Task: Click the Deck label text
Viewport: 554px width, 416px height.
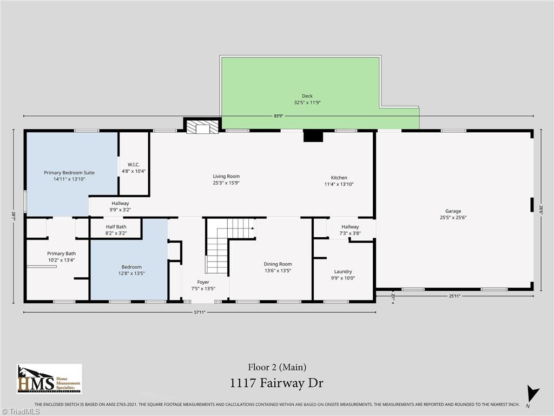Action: point(307,96)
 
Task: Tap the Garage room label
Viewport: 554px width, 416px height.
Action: point(453,211)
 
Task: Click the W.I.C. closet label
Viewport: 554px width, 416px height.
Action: point(134,165)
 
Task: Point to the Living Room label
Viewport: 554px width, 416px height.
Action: point(226,177)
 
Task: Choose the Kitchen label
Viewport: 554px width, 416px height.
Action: point(339,178)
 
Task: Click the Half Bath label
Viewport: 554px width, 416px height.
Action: point(116,227)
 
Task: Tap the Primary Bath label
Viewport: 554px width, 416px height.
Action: point(61,253)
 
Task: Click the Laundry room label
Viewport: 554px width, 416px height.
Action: point(343,271)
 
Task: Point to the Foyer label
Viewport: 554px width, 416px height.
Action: point(203,282)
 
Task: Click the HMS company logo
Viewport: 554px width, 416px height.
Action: point(49,379)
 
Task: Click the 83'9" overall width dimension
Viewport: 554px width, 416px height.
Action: point(279,116)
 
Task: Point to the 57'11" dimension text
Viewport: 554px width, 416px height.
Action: point(200,312)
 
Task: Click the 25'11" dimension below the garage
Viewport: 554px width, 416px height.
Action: point(454,296)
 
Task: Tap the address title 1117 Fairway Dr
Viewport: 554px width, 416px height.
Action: point(278,383)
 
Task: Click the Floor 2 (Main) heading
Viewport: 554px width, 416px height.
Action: point(277,367)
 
